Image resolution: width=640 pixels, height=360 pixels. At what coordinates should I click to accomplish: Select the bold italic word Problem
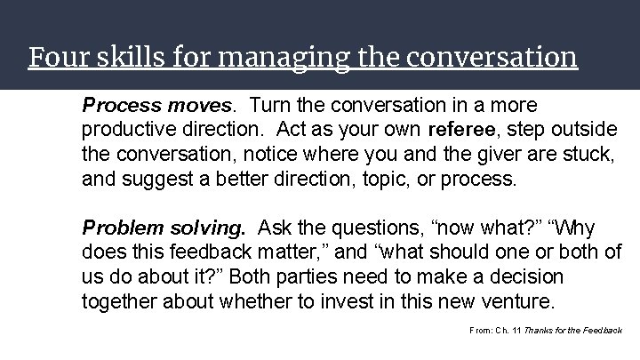point(117,228)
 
